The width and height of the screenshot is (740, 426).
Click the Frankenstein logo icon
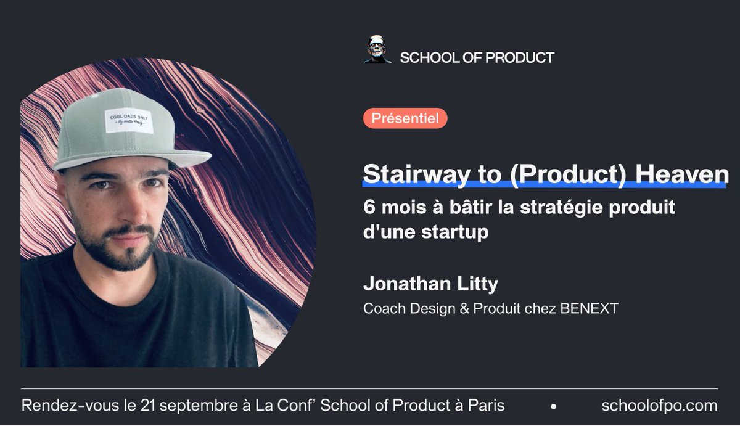coord(377,50)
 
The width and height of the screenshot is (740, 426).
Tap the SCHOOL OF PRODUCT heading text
coord(477,58)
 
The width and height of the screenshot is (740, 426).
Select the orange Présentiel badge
coord(405,118)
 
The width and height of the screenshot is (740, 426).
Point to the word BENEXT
coord(589,308)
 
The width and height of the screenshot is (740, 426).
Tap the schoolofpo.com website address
coord(659,406)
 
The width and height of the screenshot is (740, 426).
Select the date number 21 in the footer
coord(149,406)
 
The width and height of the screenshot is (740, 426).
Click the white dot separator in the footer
coord(553,407)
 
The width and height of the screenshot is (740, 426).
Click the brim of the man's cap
coord(133,159)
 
